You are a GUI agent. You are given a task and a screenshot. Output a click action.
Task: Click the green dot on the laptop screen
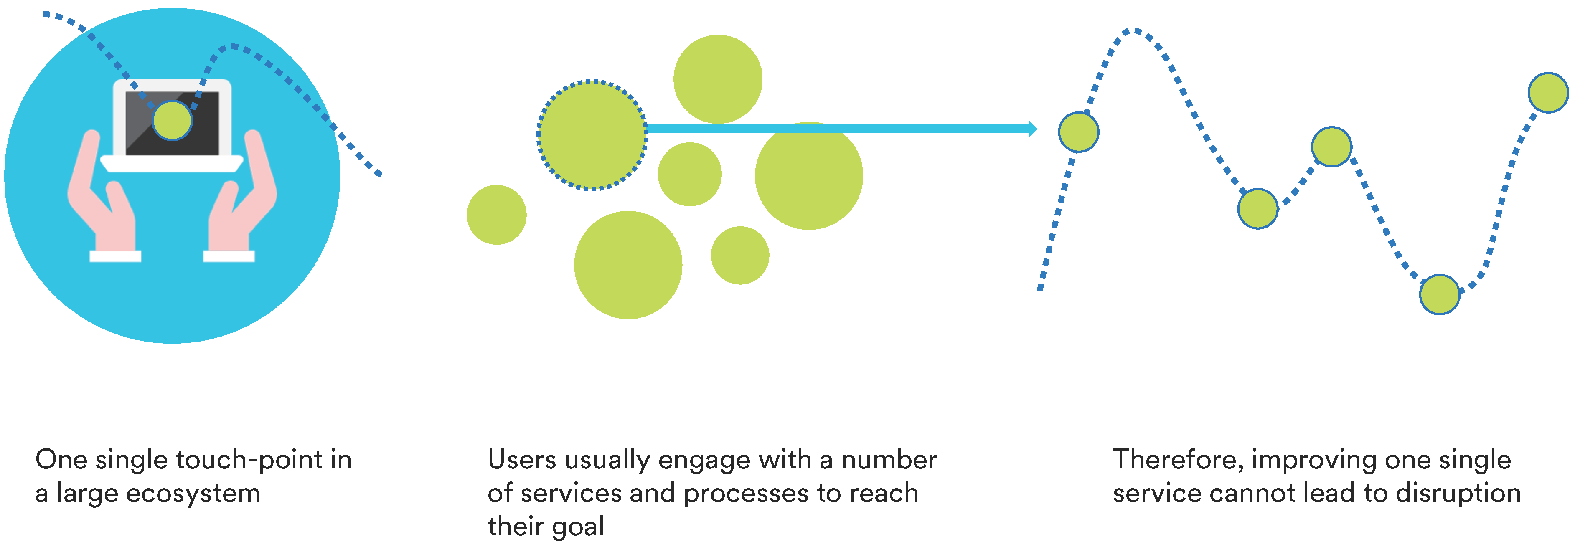pyautogui.click(x=173, y=120)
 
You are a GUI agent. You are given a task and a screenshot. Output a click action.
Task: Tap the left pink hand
pyautogui.click(x=101, y=195)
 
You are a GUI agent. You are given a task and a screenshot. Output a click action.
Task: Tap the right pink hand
pyautogui.click(x=243, y=195)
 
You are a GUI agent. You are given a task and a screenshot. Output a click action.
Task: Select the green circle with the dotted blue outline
pyautogui.click(x=592, y=135)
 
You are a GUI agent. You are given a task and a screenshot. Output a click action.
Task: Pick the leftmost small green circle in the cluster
pyautogui.click(x=496, y=215)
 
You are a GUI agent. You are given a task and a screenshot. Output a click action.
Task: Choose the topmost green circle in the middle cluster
pyautogui.click(x=718, y=79)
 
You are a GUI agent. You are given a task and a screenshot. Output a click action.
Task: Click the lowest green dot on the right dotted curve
pyautogui.click(x=1439, y=294)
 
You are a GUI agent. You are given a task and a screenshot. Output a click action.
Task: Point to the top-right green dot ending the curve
pyautogui.click(x=1548, y=92)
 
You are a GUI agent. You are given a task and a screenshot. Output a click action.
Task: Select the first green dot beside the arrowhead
pyautogui.click(x=1079, y=132)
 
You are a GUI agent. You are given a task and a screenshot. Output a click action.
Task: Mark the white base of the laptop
pyautogui.click(x=172, y=163)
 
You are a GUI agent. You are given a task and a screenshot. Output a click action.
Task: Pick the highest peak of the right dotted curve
pyautogui.click(x=1135, y=30)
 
